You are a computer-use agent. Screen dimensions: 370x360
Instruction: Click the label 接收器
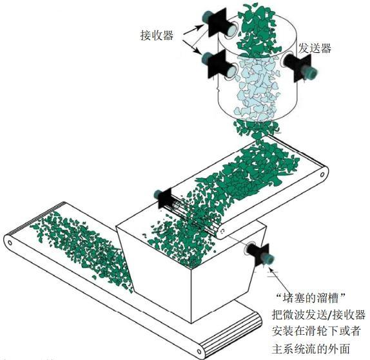pyautogui.click(x=157, y=35)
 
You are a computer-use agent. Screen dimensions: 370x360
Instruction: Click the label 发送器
pyautogui.click(x=315, y=48)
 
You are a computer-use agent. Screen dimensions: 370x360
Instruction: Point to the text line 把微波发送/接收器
pyautogui.click(x=318, y=315)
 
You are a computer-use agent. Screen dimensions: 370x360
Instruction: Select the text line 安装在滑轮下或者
pyautogui.click(x=316, y=331)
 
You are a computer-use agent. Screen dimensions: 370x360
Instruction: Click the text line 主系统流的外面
pyautogui.click(x=311, y=348)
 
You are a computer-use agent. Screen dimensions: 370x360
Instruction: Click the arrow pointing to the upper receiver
pyautogui.click(x=193, y=29)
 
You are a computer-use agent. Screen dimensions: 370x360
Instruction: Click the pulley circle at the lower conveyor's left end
pyautogui.click(x=10, y=243)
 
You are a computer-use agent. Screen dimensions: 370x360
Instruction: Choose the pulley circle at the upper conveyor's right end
pyautogui.click(x=322, y=175)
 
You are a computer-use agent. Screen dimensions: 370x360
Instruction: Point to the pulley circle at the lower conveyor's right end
pyautogui.click(x=199, y=352)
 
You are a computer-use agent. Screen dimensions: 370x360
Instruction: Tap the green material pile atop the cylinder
pyautogui.click(x=257, y=31)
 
